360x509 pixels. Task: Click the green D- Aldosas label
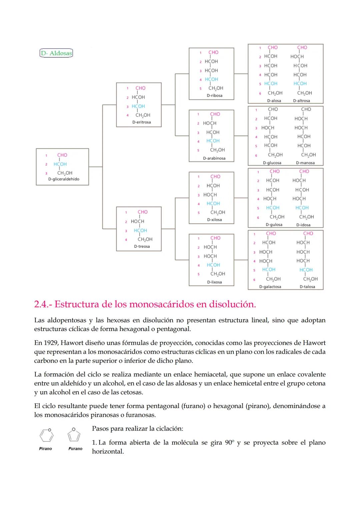tap(56, 53)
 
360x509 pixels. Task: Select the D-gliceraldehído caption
tap(64, 179)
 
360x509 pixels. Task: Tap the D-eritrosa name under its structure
tap(141, 122)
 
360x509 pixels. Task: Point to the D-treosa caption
tap(142, 247)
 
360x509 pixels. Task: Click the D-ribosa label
tap(214, 96)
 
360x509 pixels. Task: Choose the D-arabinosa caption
tap(214, 158)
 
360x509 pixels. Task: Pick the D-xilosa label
tap(214, 220)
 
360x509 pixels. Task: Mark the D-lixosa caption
tap(214, 282)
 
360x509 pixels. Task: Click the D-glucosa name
tap(272, 163)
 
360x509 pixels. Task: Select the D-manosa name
tap(305, 163)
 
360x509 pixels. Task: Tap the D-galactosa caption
tap(270, 287)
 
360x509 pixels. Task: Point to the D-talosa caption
tap(307, 287)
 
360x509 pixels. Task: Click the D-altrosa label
tap(301, 101)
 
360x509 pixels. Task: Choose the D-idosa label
tap(303, 225)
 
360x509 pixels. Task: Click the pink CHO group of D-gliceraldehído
tap(62, 155)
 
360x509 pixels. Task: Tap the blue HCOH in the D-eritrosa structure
tap(138, 106)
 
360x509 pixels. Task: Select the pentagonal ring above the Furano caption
tap(74, 435)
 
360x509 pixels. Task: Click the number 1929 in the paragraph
tap(51, 343)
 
